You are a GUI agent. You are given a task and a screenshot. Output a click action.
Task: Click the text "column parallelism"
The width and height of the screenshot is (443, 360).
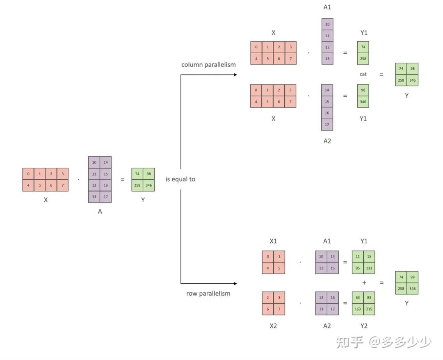pyautogui.click(x=208, y=65)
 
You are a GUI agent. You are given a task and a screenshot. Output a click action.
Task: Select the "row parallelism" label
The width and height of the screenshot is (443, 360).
pyautogui.click(x=208, y=294)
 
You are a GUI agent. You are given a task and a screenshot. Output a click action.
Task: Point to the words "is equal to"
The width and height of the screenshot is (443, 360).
pyautogui.click(x=180, y=179)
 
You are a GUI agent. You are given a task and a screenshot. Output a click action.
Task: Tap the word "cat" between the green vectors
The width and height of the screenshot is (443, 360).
pyautogui.click(x=363, y=74)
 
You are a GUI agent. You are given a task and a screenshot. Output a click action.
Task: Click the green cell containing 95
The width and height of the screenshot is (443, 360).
pyautogui.click(x=358, y=268)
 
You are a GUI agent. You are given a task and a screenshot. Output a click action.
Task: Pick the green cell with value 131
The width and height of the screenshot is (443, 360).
pyautogui.click(x=369, y=268)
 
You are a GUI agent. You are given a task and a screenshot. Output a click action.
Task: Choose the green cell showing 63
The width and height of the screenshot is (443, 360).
pyautogui.click(x=358, y=297)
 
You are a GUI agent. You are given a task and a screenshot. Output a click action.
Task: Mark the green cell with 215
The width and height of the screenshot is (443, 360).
pyautogui.click(x=369, y=309)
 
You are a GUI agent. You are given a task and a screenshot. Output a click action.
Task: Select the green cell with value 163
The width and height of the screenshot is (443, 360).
pyautogui.click(x=358, y=309)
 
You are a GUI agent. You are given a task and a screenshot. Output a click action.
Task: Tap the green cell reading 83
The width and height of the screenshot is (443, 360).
pyautogui.click(x=369, y=297)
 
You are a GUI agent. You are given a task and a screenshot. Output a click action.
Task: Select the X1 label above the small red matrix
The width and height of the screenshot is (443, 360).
pyautogui.click(x=273, y=241)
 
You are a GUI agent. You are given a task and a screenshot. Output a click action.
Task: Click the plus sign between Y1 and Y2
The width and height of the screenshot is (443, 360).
pyautogui.click(x=364, y=283)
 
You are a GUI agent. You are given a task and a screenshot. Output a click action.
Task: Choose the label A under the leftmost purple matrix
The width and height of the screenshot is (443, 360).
pyautogui.click(x=100, y=212)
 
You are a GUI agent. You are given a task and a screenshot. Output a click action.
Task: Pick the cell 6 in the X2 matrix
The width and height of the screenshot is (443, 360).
pyautogui.click(x=268, y=309)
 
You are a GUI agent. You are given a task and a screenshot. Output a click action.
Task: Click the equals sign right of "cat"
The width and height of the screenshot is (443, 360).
pyautogui.click(x=382, y=75)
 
